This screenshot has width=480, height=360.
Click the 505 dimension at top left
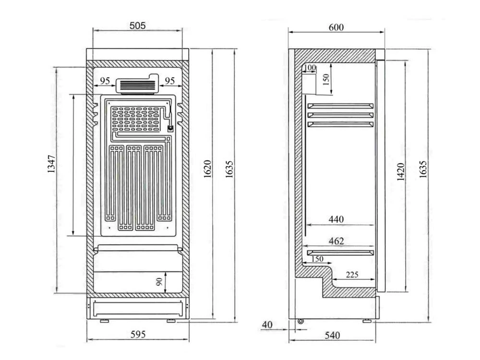pyautogui.click(x=137, y=25)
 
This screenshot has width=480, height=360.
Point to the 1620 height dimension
pyautogui.click(x=207, y=169)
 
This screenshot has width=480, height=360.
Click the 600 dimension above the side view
pyautogui.click(x=336, y=27)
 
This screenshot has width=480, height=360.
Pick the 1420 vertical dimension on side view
pyautogui.click(x=401, y=171)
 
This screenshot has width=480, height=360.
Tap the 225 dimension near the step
pyautogui.click(x=352, y=275)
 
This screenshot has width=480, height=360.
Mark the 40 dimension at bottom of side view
pyautogui.click(x=267, y=325)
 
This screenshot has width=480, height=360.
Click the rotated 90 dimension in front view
pyautogui.click(x=159, y=282)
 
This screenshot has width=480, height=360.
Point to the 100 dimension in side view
pyautogui.click(x=310, y=68)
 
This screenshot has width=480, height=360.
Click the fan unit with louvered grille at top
pyautogui.click(x=138, y=85)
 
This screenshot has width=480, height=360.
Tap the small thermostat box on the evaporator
pyautogui.click(x=170, y=128)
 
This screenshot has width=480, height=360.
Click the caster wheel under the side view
pyautogui.click(x=301, y=321)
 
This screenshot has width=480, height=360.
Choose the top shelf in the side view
pyautogui.click(x=340, y=106)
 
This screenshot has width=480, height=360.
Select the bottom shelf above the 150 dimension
pyautogui.click(x=340, y=252)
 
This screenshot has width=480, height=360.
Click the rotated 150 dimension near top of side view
pyautogui.click(x=327, y=78)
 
